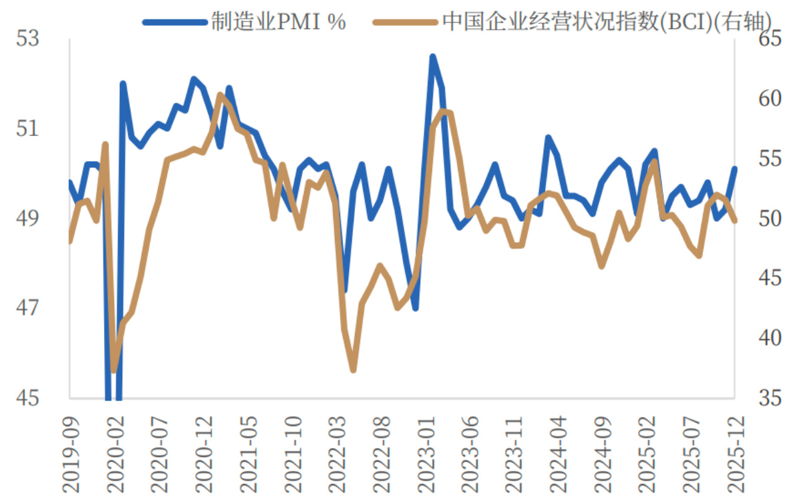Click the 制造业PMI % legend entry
(245, 22)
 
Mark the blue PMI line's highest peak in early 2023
(432, 57)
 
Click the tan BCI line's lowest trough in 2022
(353, 370)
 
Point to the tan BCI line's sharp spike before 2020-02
(105, 145)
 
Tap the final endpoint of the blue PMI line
(734, 168)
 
